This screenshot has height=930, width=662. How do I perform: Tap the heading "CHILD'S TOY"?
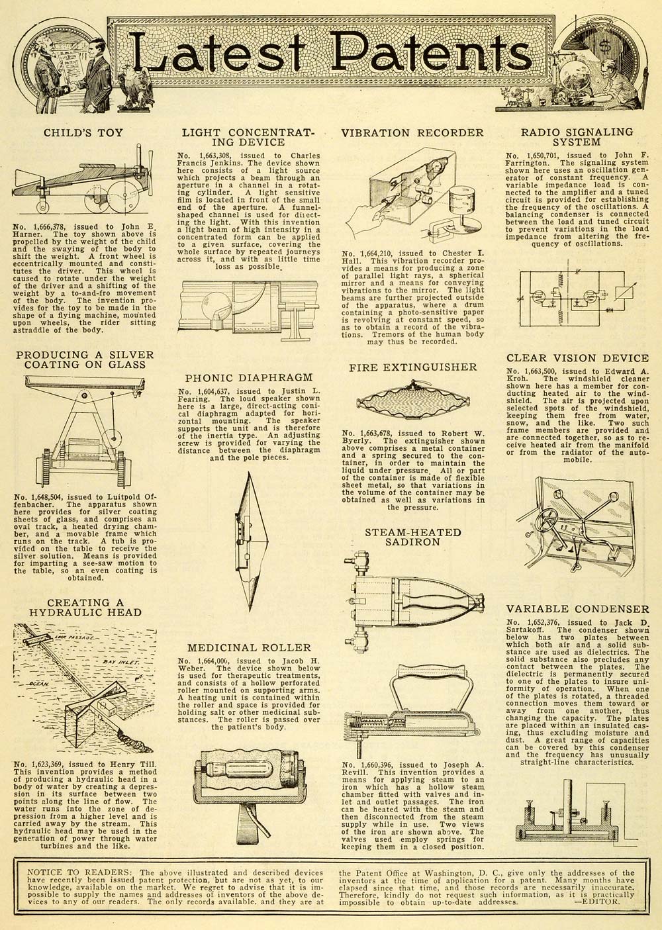(x=83, y=132)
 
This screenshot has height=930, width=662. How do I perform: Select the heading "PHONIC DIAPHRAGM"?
(x=249, y=377)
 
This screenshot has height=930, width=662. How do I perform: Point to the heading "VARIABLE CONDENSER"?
(x=578, y=609)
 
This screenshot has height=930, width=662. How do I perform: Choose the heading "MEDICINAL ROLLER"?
(x=248, y=647)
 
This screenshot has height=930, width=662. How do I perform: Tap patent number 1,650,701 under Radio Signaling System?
(x=548, y=156)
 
